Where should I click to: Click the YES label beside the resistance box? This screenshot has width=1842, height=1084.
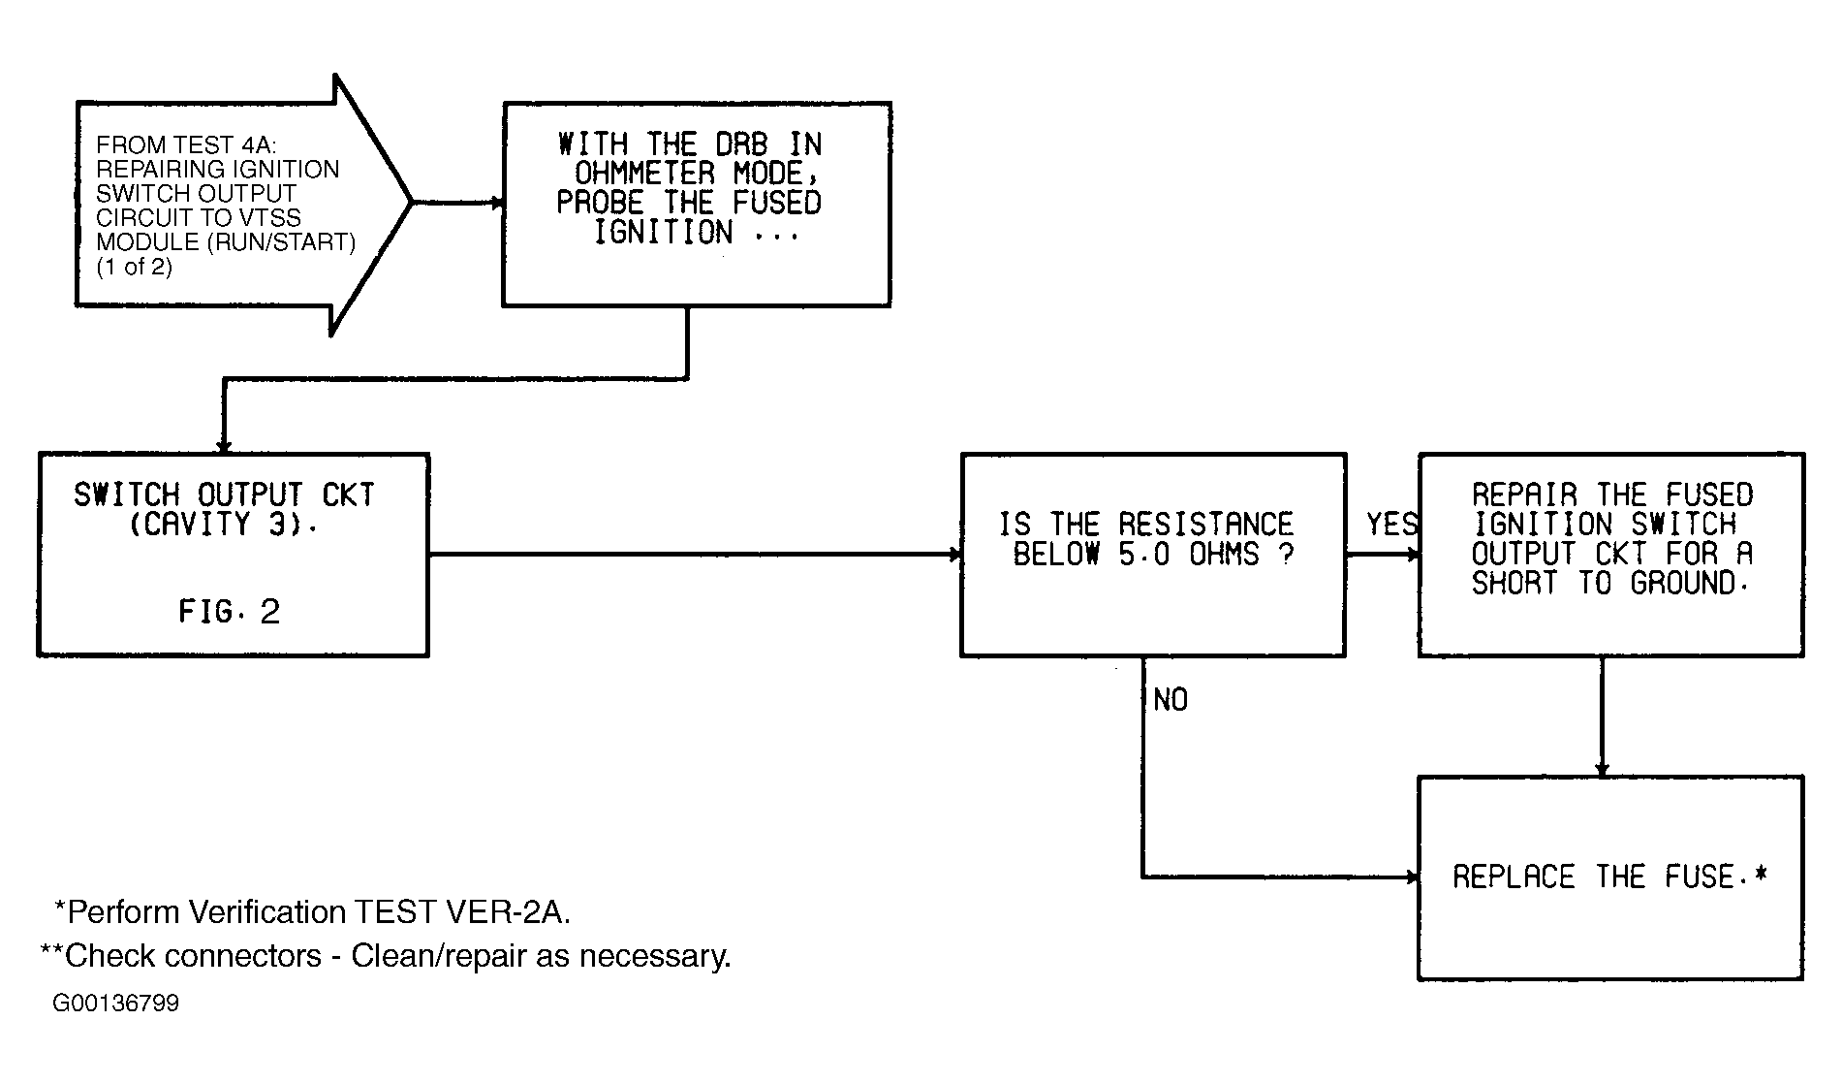point(1391,525)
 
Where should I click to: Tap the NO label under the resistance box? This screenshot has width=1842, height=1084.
point(1171,700)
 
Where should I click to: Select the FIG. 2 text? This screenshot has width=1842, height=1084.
point(230,612)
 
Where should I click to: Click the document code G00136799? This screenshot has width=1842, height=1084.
point(116,1004)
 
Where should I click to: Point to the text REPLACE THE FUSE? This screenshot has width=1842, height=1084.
point(1609,877)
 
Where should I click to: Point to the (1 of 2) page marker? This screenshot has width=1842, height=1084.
point(134,267)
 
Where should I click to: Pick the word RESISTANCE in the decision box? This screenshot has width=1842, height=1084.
point(1205,525)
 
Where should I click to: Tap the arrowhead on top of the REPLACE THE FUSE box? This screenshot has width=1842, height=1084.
point(1602,770)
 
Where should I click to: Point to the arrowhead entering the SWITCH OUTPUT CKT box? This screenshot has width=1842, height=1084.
point(224,447)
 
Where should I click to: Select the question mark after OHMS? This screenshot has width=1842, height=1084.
point(1286,555)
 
